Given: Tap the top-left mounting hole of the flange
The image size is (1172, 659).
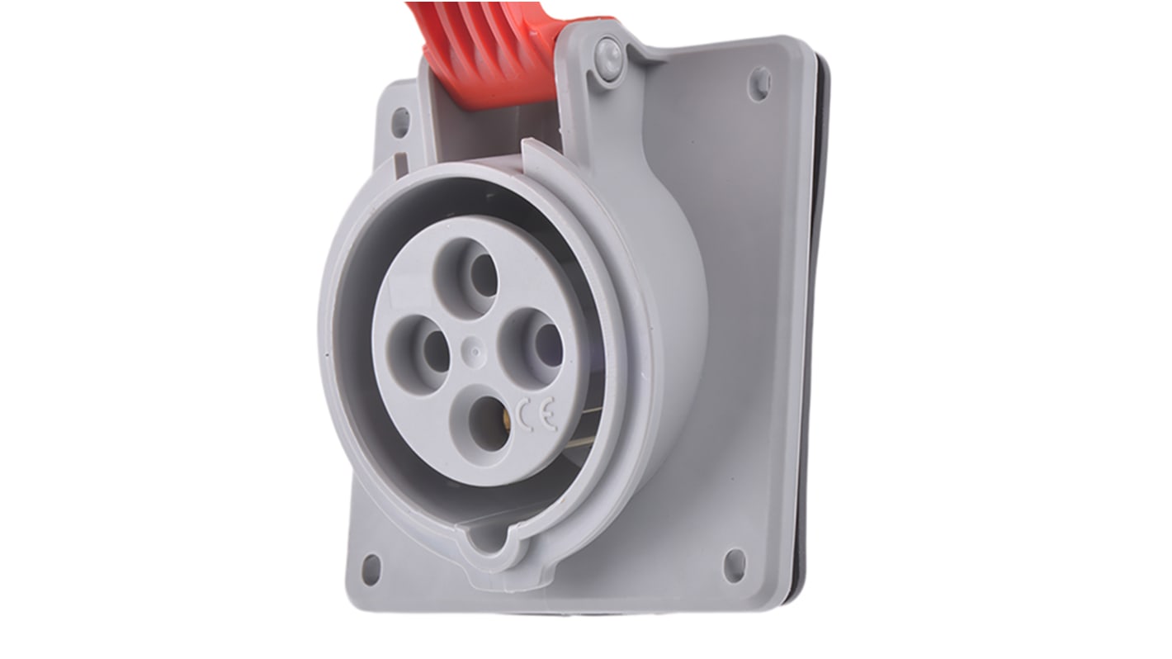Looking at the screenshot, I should click(400, 121).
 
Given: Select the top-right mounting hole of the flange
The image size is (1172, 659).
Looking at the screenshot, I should click(759, 83).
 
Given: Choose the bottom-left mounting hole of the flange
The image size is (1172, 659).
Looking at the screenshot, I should click(371, 569).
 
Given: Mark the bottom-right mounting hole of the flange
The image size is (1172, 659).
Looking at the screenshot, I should click(734, 566).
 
